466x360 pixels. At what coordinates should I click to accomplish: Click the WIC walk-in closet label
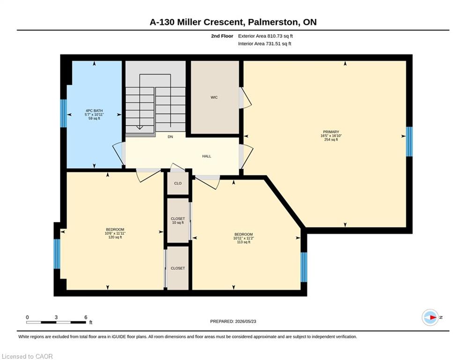point(214,97)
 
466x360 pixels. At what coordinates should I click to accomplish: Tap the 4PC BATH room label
point(94,111)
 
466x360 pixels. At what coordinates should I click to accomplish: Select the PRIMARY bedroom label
point(331,132)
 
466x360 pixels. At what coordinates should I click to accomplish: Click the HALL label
point(207,156)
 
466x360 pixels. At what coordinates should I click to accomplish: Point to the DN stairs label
point(170,137)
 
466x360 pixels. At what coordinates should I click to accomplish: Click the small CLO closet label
point(178,183)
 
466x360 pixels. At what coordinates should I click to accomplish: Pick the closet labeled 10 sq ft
point(178,220)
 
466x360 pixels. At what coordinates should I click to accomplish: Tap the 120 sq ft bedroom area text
point(115,237)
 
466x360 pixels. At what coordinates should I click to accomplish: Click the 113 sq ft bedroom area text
point(244,242)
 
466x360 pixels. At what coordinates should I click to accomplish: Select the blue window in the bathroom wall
point(63,113)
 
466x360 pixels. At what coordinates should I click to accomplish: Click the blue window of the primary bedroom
point(409,142)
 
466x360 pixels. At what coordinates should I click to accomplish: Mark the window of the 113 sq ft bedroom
point(304,267)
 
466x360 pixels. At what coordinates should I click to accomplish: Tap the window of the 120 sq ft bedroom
point(57,254)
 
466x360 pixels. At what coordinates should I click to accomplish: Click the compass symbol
point(430,317)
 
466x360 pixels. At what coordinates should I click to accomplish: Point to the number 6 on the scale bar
point(86,317)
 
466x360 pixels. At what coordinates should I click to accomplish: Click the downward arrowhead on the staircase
point(140,127)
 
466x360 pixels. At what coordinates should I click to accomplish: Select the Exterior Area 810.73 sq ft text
point(266,36)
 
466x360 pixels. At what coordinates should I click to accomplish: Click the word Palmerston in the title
point(273,22)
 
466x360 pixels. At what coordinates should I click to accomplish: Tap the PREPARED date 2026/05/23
point(245,321)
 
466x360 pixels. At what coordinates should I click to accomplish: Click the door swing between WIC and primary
point(245,98)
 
